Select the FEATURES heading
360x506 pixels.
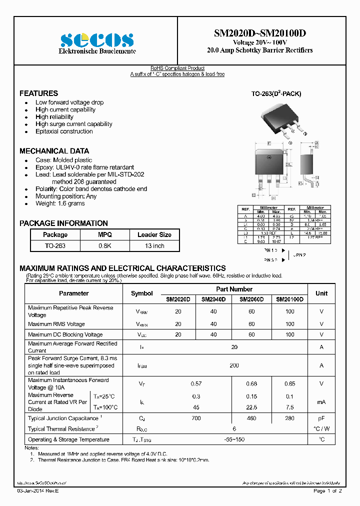point(38,93)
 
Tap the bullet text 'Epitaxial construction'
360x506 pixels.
point(64,131)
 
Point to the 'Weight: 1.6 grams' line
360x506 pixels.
point(60,203)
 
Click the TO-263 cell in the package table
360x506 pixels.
point(54,246)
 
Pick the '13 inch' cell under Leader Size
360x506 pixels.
point(154,246)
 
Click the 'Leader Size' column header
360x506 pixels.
point(154,234)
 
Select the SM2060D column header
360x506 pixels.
point(251,299)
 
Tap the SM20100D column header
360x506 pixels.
point(290,299)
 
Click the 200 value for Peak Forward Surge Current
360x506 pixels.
point(234,365)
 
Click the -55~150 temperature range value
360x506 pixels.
point(234,439)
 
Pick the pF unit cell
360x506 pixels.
point(321,417)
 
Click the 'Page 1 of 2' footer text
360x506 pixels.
point(327,491)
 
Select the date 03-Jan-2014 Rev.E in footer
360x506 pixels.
point(38,491)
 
